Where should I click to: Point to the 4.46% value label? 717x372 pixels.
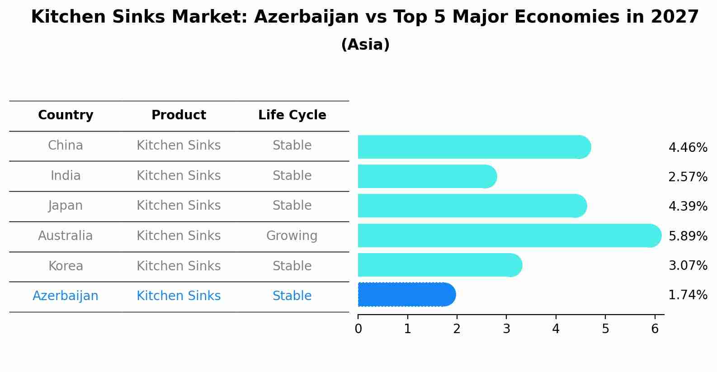(688, 148)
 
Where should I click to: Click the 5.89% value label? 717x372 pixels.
(688, 236)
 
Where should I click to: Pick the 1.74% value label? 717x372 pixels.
(688, 295)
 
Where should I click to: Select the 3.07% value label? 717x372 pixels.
(688, 265)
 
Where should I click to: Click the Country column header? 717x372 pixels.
(66, 115)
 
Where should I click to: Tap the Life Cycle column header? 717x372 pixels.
(292, 115)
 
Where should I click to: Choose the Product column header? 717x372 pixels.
(179, 115)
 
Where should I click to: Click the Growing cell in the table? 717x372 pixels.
(292, 236)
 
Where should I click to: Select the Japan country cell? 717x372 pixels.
(66, 206)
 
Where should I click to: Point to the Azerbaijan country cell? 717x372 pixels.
(66, 296)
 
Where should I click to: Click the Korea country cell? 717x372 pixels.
(66, 266)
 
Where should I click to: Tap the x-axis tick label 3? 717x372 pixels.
(506, 329)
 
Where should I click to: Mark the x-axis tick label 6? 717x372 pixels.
(655, 329)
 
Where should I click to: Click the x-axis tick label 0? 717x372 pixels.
(358, 329)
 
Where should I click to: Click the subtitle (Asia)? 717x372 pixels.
(365, 45)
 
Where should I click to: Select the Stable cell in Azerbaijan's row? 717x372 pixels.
(292, 296)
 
